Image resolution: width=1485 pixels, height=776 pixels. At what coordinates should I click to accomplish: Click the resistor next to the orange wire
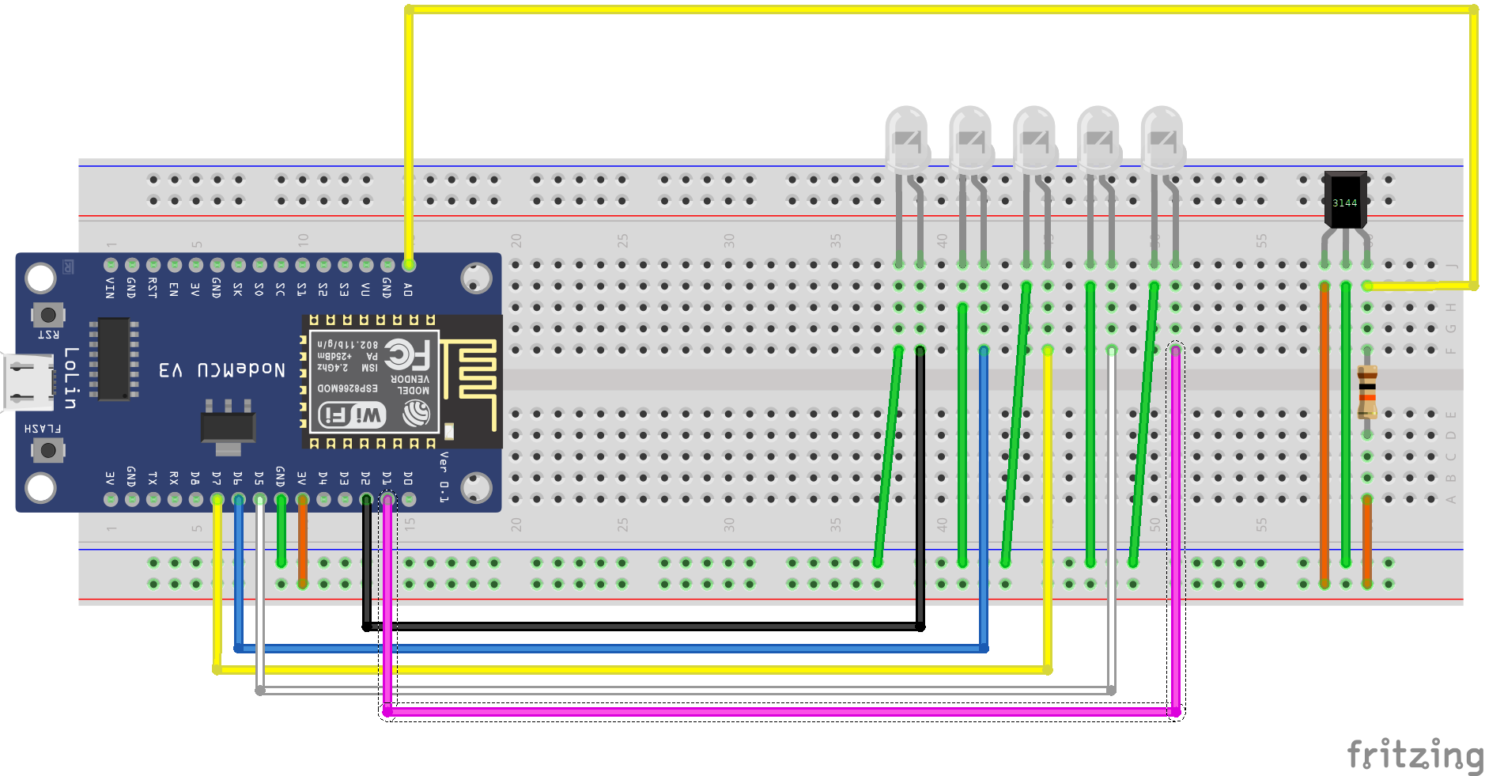click(x=1367, y=392)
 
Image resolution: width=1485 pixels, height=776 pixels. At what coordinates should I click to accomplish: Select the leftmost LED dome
click(x=906, y=138)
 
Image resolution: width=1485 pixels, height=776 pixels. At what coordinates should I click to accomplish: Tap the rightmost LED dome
click(x=1162, y=138)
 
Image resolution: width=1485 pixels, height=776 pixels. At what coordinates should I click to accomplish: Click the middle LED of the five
click(x=1034, y=138)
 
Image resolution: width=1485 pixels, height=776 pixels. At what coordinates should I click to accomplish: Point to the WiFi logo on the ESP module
click(x=352, y=414)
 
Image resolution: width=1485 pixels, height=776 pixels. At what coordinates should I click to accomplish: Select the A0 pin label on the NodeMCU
click(x=408, y=289)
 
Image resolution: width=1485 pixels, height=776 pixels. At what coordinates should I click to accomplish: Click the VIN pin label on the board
click(x=110, y=289)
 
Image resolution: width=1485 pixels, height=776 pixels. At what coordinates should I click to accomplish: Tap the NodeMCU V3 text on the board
click(x=222, y=369)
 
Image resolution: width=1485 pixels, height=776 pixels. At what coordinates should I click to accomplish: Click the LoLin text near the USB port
click(x=71, y=377)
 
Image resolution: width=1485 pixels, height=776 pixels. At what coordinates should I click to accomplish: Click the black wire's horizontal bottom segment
click(x=633, y=626)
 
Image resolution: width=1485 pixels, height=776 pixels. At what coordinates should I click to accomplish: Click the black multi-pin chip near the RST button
click(x=114, y=359)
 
